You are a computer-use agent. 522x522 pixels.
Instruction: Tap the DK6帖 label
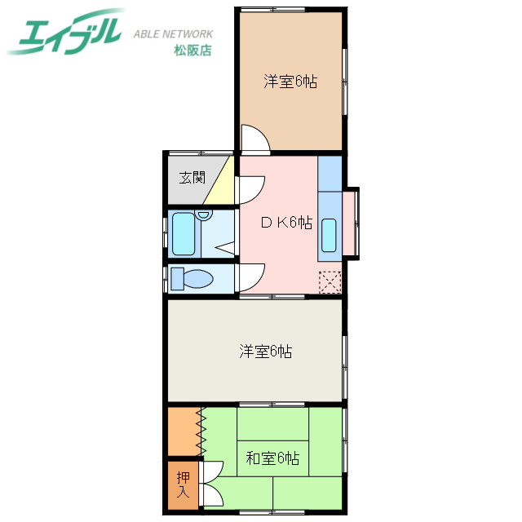pyautogui.click(x=285, y=222)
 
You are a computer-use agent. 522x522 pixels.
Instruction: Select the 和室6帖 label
pyautogui.click(x=272, y=458)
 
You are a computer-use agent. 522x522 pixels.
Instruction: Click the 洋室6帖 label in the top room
pyautogui.click(x=290, y=82)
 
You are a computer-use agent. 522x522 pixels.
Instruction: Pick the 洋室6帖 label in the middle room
pyautogui.click(x=266, y=352)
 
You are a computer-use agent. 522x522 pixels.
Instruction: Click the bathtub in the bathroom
pyautogui.click(x=184, y=234)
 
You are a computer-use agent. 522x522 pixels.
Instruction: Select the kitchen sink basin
pyautogui.click(x=330, y=236)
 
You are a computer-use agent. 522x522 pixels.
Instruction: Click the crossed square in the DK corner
pyautogui.click(x=330, y=281)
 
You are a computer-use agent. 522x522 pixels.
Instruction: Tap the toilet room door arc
pyautogui.click(x=251, y=277)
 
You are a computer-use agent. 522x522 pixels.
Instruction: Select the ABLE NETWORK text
pyautogui.click(x=173, y=34)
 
